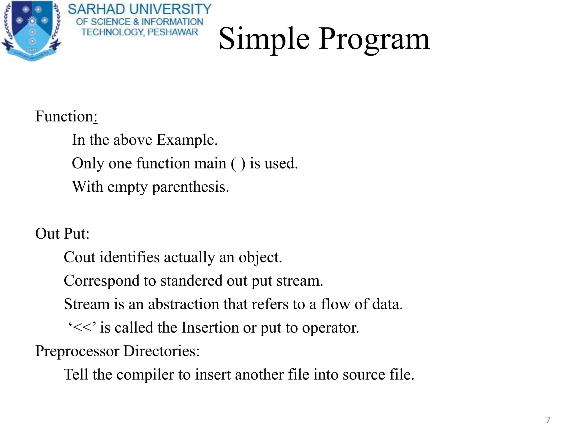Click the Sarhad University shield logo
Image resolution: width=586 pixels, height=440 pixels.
coord(31,30)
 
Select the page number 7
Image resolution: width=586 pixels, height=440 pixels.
coord(548,420)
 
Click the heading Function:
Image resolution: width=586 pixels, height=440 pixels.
coord(66,117)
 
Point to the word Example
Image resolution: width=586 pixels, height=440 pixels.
coord(187,140)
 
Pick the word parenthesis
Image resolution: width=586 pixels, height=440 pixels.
coord(190,187)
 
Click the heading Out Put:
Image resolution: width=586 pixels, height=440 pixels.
coord(62,234)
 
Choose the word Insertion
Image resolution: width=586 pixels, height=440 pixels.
coord(210,327)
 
